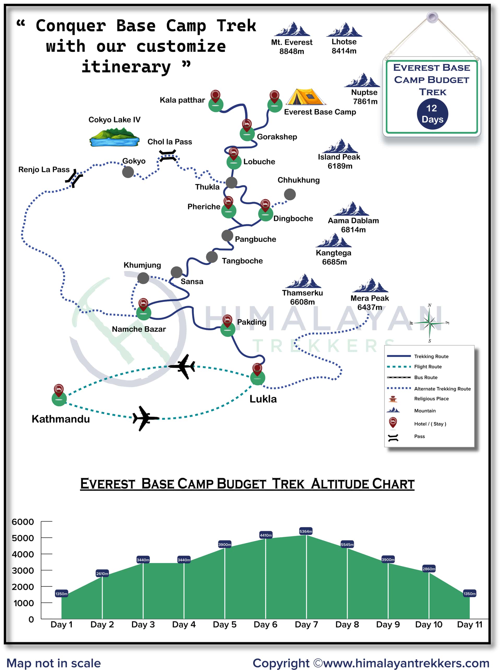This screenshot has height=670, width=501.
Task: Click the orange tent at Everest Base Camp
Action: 305,97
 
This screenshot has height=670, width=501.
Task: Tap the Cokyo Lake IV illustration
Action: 115,137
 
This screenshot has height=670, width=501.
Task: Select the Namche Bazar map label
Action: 139,329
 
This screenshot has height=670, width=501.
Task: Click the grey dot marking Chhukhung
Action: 290,194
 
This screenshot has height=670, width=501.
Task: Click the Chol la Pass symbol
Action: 168,156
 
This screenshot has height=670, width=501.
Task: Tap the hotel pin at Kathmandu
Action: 59,390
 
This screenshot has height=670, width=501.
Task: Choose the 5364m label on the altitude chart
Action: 306,531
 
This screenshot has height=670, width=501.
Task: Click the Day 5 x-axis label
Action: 224,625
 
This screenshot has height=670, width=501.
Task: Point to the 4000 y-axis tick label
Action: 23,554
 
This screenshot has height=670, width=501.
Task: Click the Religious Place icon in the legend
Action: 393,399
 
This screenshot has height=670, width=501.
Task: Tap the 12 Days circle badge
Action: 432,114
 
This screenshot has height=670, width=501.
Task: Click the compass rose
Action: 430,323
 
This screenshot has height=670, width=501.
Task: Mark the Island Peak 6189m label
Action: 339,162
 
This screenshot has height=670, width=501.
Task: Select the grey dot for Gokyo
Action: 128,172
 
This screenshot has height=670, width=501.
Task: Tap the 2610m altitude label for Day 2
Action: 102,574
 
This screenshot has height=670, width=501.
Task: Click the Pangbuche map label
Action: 255,239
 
